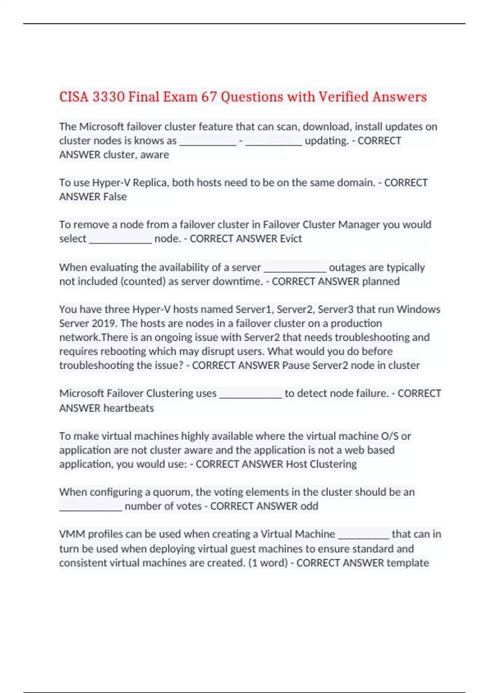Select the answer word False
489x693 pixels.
(x=115, y=196)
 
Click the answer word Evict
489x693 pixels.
(x=291, y=238)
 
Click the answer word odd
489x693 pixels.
(x=309, y=506)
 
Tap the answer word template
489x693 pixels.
(x=407, y=563)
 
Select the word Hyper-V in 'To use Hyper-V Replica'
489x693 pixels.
(x=111, y=183)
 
